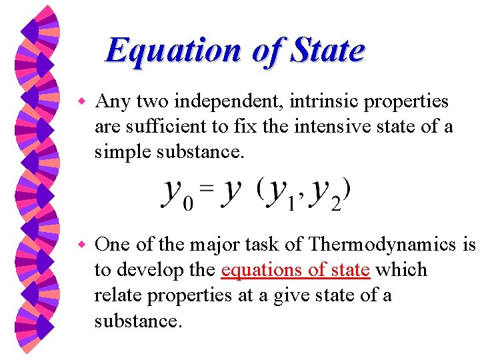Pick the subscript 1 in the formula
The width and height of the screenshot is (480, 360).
pyautogui.click(x=290, y=203)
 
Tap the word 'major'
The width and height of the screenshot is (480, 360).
pyautogui.click(x=214, y=244)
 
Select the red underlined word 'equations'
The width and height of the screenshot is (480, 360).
pyautogui.click(x=259, y=270)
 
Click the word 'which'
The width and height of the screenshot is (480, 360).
pyautogui.click(x=401, y=270)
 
